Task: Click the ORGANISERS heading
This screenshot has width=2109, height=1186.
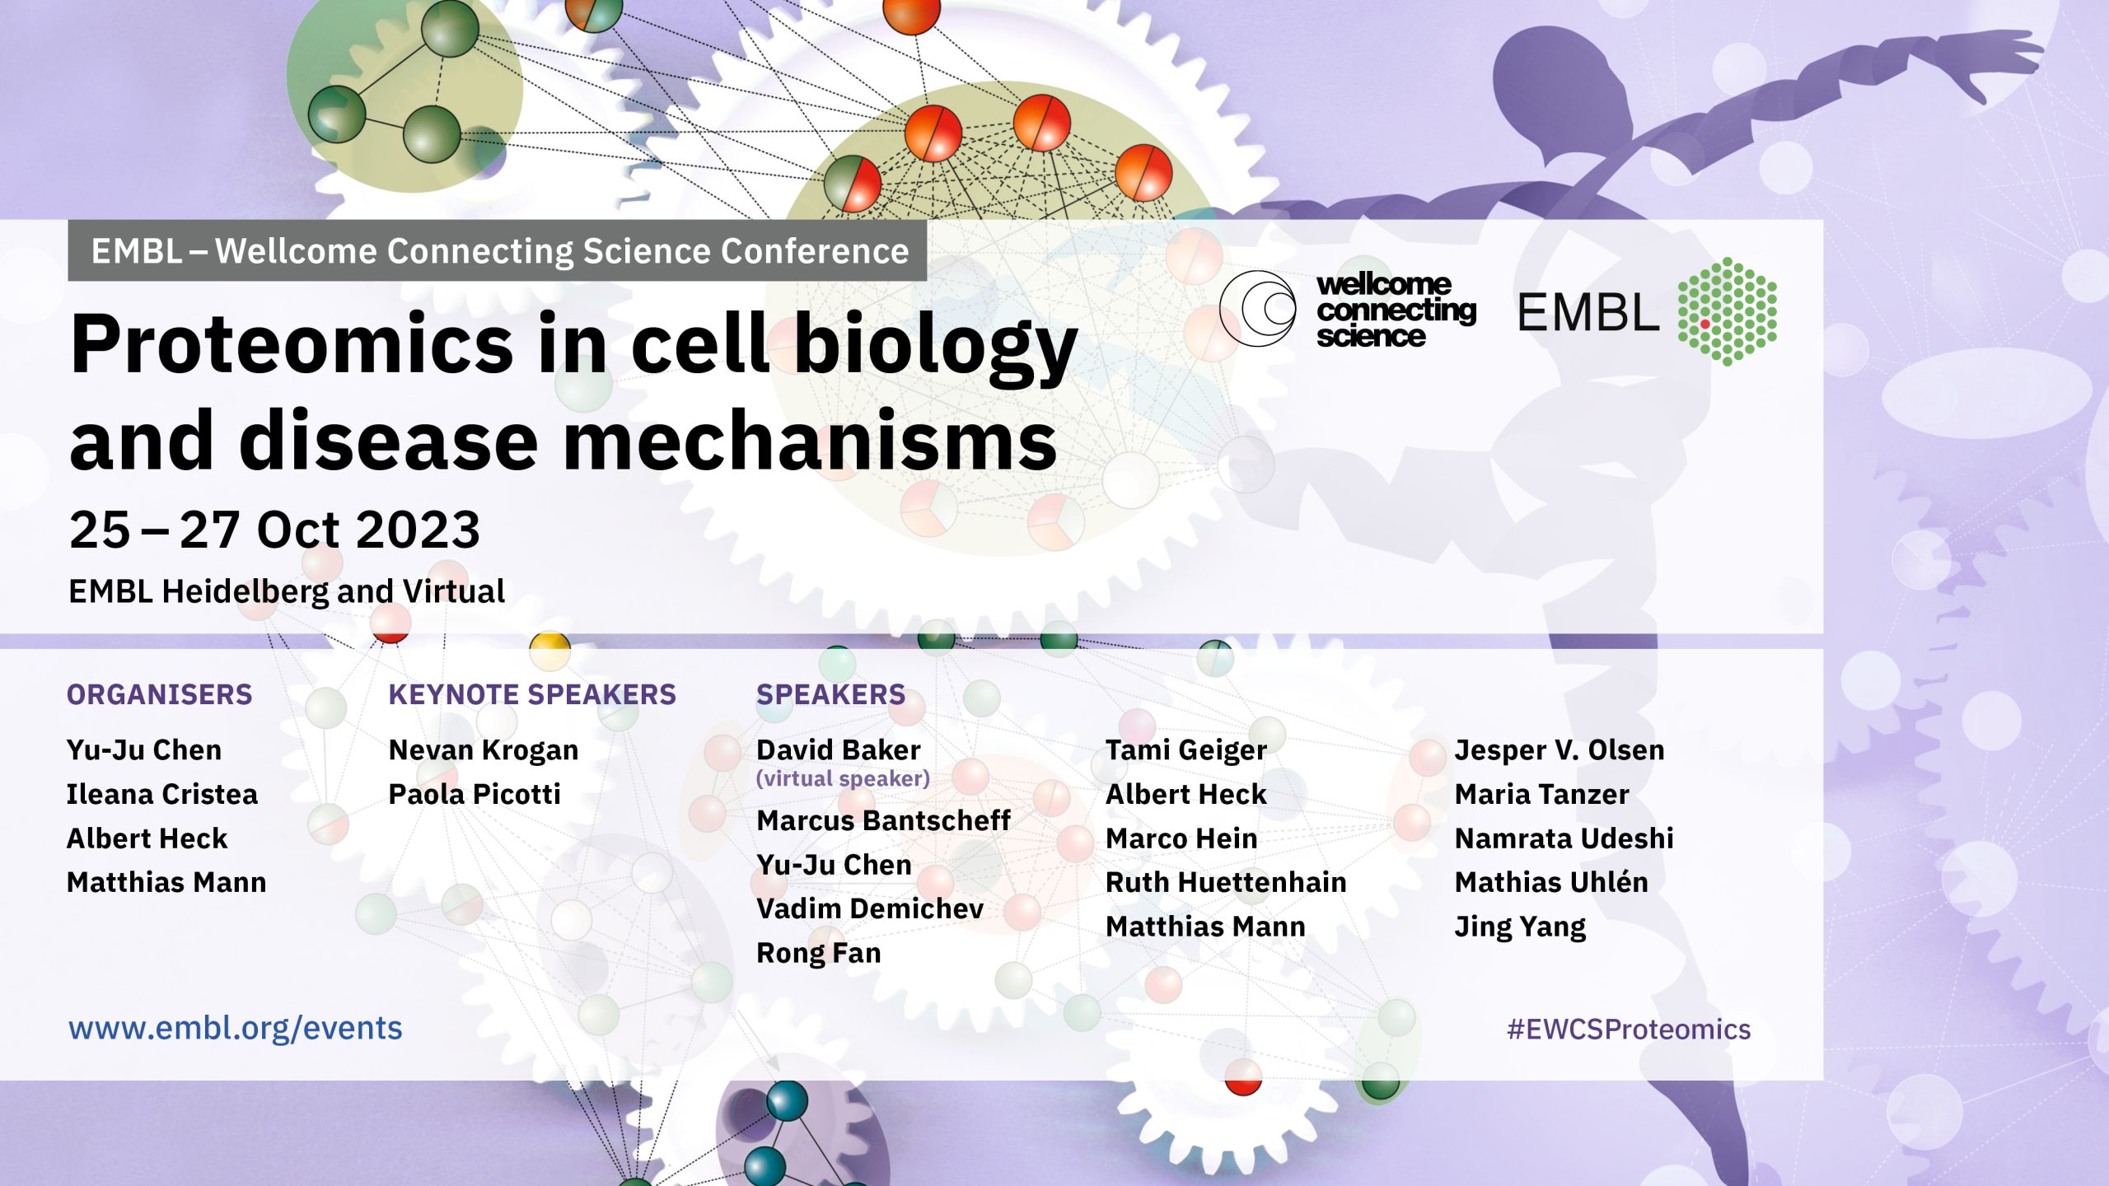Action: click(159, 694)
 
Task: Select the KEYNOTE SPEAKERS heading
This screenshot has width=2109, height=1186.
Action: click(532, 694)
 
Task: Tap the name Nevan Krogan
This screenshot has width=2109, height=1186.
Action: click(484, 750)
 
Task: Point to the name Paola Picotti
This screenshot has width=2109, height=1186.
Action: click(475, 794)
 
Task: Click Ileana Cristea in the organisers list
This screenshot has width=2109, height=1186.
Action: click(162, 794)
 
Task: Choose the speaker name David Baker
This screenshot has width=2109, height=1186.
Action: click(839, 750)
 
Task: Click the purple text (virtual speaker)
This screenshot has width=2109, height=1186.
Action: click(843, 778)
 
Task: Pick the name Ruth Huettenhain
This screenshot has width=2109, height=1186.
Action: click(1226, 882)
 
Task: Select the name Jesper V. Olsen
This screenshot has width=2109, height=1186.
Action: click(1560, 750)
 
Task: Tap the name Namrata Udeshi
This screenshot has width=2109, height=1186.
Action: click(1564, 838)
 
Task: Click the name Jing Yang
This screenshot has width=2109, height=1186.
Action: click(1520, 927)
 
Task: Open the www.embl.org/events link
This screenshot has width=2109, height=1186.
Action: click(236, 1029)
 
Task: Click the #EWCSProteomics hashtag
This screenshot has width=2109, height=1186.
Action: click(1629, 1030)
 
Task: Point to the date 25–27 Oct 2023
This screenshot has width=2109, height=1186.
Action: click(275, 529)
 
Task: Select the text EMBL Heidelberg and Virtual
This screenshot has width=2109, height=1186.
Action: click(287, 591)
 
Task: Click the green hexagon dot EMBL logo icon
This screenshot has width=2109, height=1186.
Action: click(1728, 311)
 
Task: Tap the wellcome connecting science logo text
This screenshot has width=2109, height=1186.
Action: click(1396, 311)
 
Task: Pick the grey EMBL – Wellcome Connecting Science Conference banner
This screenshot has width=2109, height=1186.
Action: click(498, 250)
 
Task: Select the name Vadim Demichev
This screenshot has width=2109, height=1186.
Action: click(870, 908)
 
